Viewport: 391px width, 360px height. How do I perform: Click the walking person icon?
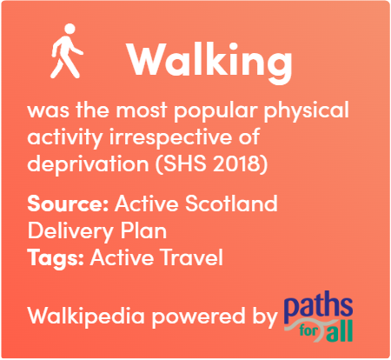click(x=67, y=51)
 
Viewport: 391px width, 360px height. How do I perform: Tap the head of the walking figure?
click(x=70, y=29)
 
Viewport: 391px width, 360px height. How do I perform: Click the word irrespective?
click(x=171, y=138)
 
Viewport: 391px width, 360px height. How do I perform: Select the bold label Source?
click(x=68, y=203)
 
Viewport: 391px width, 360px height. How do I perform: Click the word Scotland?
click(x=231, y=203)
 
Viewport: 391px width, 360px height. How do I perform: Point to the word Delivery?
click(x=70, y=232)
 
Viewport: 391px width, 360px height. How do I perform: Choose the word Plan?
click(x=143, y=230)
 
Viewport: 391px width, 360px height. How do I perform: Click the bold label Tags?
click(x=56, y=258)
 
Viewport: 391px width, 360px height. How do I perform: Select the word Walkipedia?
click(x=86, y=317)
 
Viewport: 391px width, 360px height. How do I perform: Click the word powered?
click(x=198, y=317)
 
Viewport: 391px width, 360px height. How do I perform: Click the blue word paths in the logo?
click(x=318, y=307)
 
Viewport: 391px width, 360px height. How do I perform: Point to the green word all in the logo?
click(x=340, y=330)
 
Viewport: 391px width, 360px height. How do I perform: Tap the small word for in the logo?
click(x=308, y=330)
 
